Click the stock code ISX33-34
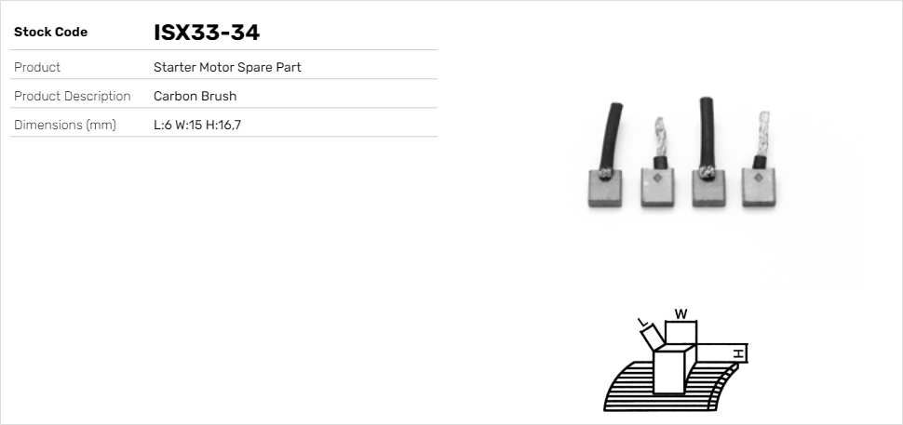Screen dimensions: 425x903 click(206, 33)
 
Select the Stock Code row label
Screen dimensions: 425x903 click(50, 33)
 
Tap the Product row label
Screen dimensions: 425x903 click(37, 67)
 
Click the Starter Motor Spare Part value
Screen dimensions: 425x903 click(227, 67)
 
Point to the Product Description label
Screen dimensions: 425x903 click(72, 96)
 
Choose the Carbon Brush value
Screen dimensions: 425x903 click(195, 96)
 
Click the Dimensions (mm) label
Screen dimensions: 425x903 click(64, 125)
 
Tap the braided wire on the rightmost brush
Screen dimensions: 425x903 click(762, 135)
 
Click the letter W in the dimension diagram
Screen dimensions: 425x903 click(681, 314)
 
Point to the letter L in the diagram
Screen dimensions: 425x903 click(641, 323)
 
